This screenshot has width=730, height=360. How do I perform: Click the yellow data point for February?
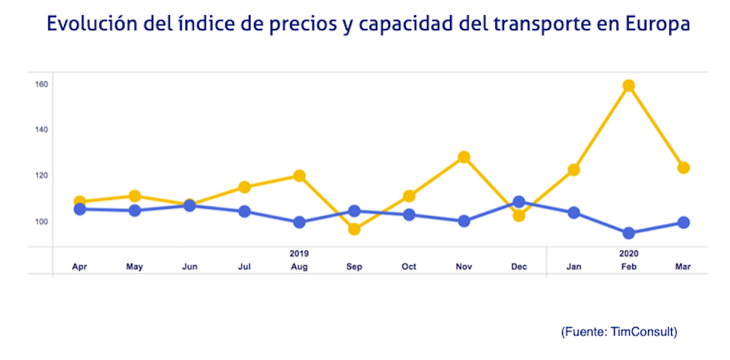[628, 86]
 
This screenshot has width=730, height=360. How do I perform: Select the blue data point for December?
[519, 202]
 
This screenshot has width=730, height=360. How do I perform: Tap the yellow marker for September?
[354, 229]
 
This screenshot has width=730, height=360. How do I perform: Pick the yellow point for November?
[464, 157]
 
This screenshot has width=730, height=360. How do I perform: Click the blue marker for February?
[628, 233]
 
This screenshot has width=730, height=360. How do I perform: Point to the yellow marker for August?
[299, 176]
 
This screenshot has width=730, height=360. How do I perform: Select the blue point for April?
[80, 209]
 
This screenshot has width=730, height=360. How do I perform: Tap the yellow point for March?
[684, 168]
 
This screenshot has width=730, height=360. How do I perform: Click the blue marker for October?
[409, 215]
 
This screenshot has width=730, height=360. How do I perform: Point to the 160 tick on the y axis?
[41, 84]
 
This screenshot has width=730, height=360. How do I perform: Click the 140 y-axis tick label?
[41, 130]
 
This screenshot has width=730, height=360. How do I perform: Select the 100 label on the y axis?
[41, 221]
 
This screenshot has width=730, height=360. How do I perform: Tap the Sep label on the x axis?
[354, 267]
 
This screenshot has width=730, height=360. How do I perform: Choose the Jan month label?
[574, 267]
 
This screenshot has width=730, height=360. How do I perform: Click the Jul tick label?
[245, 267]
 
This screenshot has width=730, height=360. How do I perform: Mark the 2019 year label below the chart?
[299, 253]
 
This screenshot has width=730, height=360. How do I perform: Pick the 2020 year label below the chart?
[628, 253]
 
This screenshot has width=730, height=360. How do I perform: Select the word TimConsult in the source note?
[642, 332]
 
